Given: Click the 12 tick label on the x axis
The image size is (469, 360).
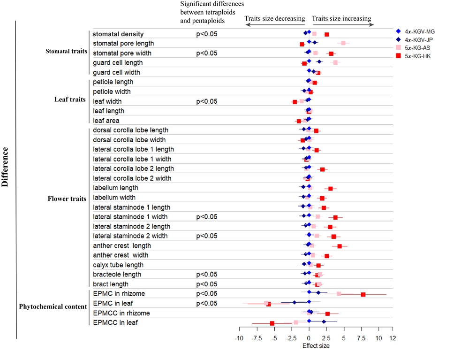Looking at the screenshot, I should point(392,338).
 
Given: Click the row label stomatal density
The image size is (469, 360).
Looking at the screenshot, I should point(118,34).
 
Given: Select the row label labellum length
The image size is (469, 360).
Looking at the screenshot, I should point(115,188).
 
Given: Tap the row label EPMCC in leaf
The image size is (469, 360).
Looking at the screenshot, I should point(115,322).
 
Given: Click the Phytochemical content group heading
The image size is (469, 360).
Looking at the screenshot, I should point(53,306).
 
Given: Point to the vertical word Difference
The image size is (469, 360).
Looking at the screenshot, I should point(6,168).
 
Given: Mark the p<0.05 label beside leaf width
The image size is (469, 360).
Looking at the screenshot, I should point(206,101).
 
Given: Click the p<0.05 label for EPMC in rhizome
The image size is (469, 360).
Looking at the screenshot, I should point(206,294).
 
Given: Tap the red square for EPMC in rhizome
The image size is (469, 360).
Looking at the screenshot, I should point(363,294).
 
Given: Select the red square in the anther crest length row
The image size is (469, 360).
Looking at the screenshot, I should point(340,246).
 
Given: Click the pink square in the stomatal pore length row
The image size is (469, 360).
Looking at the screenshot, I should point(343,43).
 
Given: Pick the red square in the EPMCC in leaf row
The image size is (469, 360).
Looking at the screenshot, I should point(272,323).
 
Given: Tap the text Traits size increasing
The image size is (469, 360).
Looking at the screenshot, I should point(341,19).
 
